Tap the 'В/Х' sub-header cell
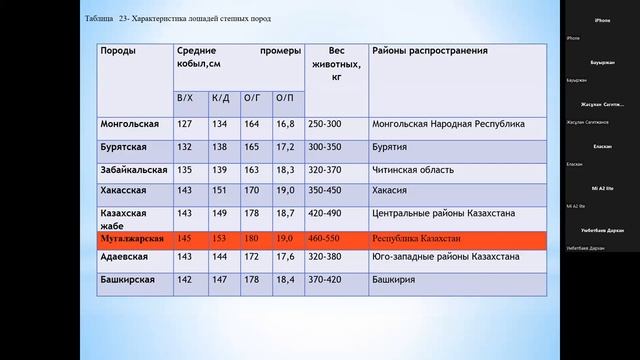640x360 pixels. [x=184, y=98]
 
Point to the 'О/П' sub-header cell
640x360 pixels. [x=284, y=98]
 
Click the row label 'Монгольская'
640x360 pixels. [x=130, y=125]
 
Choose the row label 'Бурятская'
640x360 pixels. [x=125, y=147]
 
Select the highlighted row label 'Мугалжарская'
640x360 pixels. [x=133, y=241]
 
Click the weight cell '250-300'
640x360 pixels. [x=324, y=125]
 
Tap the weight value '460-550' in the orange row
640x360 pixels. [x=324, y=241]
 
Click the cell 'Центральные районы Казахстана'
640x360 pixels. [x=444, y=213]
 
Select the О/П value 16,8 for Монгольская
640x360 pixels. [x=284, y=125]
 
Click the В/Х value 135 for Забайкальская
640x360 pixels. [x=184, y=169]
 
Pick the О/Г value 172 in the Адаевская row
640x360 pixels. [x=251, y=257]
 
